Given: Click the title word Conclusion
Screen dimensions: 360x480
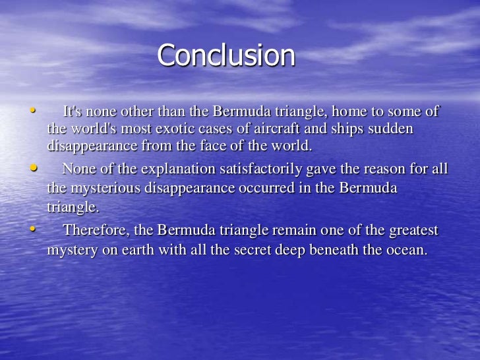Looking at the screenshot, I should point(226,55).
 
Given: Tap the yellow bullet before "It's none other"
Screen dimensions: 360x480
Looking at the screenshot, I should point(31,109).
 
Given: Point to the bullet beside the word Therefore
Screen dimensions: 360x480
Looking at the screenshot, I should point(31,228).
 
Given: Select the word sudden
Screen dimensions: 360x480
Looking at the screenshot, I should point(394,129).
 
